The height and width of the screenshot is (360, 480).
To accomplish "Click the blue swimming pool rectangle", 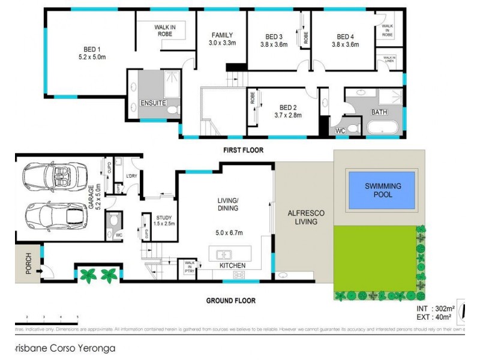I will tap(383, 190).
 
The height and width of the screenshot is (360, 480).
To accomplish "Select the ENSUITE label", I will tap(154, 103).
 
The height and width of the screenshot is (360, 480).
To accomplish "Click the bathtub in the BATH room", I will tap(382, 127).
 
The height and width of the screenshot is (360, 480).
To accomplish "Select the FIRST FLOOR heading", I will tap(244, 149).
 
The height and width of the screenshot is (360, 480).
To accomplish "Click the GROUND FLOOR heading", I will tap(231, 301).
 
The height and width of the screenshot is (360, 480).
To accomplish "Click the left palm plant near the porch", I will tap(89, 275).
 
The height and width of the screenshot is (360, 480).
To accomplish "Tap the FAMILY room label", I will tap(221, 35).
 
